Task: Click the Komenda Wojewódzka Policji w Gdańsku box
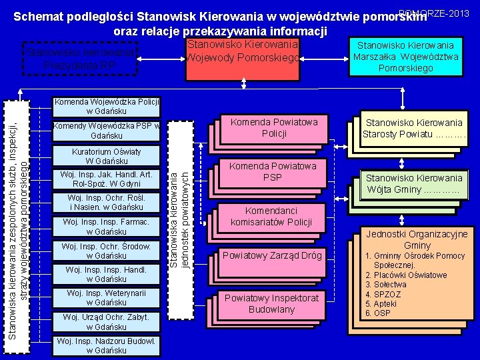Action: pos(107,106)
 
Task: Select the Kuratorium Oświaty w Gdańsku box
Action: pos(107,156)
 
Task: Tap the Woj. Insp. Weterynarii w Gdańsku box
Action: pos(107,298)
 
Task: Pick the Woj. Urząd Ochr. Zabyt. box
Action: pos(107,321)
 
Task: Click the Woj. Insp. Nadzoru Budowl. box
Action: pos(107,345)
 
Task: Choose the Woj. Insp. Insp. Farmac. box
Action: pos(107,227)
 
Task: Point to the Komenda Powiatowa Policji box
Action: pos(274,127)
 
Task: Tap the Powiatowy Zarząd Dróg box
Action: pos(272,255)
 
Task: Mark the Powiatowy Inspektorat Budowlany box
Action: pos(272,303)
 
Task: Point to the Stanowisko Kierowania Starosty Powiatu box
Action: pos(413,128)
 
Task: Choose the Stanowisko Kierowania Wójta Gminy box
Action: pos(413,183)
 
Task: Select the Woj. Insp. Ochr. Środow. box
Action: pos(107,251)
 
